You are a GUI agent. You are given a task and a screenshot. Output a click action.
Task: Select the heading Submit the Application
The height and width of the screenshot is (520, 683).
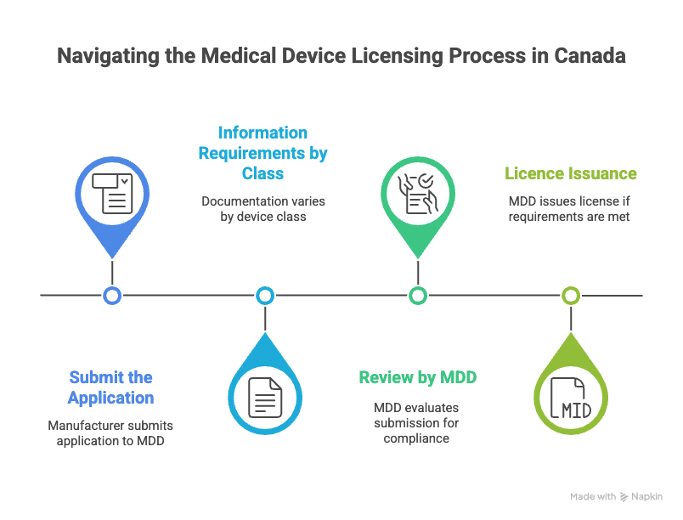click(111, 387)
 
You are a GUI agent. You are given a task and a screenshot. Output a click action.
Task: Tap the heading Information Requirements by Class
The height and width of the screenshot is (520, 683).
click(262, 153)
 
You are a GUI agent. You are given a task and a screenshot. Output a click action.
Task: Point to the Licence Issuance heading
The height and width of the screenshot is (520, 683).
click(571, 173)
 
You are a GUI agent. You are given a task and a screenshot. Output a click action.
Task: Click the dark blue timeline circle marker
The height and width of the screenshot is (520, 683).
click(112, 295)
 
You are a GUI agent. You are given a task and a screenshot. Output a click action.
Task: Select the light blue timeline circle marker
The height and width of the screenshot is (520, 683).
click(265, 295)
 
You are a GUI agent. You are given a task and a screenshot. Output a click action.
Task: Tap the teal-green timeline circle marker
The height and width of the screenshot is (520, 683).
click(418, 295)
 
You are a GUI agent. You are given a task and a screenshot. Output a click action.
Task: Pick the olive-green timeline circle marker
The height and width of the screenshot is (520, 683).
click(571, 295)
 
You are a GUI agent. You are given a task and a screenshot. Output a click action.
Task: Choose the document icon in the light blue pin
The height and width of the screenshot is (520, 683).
click(265, 397)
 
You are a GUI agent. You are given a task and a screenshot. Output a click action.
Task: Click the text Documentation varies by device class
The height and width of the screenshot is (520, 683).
click(263, 209)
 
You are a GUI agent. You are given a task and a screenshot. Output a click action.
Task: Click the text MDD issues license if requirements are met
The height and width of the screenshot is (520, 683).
click(571, 209)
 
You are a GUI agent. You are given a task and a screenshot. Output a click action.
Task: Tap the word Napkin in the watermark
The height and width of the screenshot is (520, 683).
click(647, 496)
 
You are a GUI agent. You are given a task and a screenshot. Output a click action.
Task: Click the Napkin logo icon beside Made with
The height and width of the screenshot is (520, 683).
click(624, 496)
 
